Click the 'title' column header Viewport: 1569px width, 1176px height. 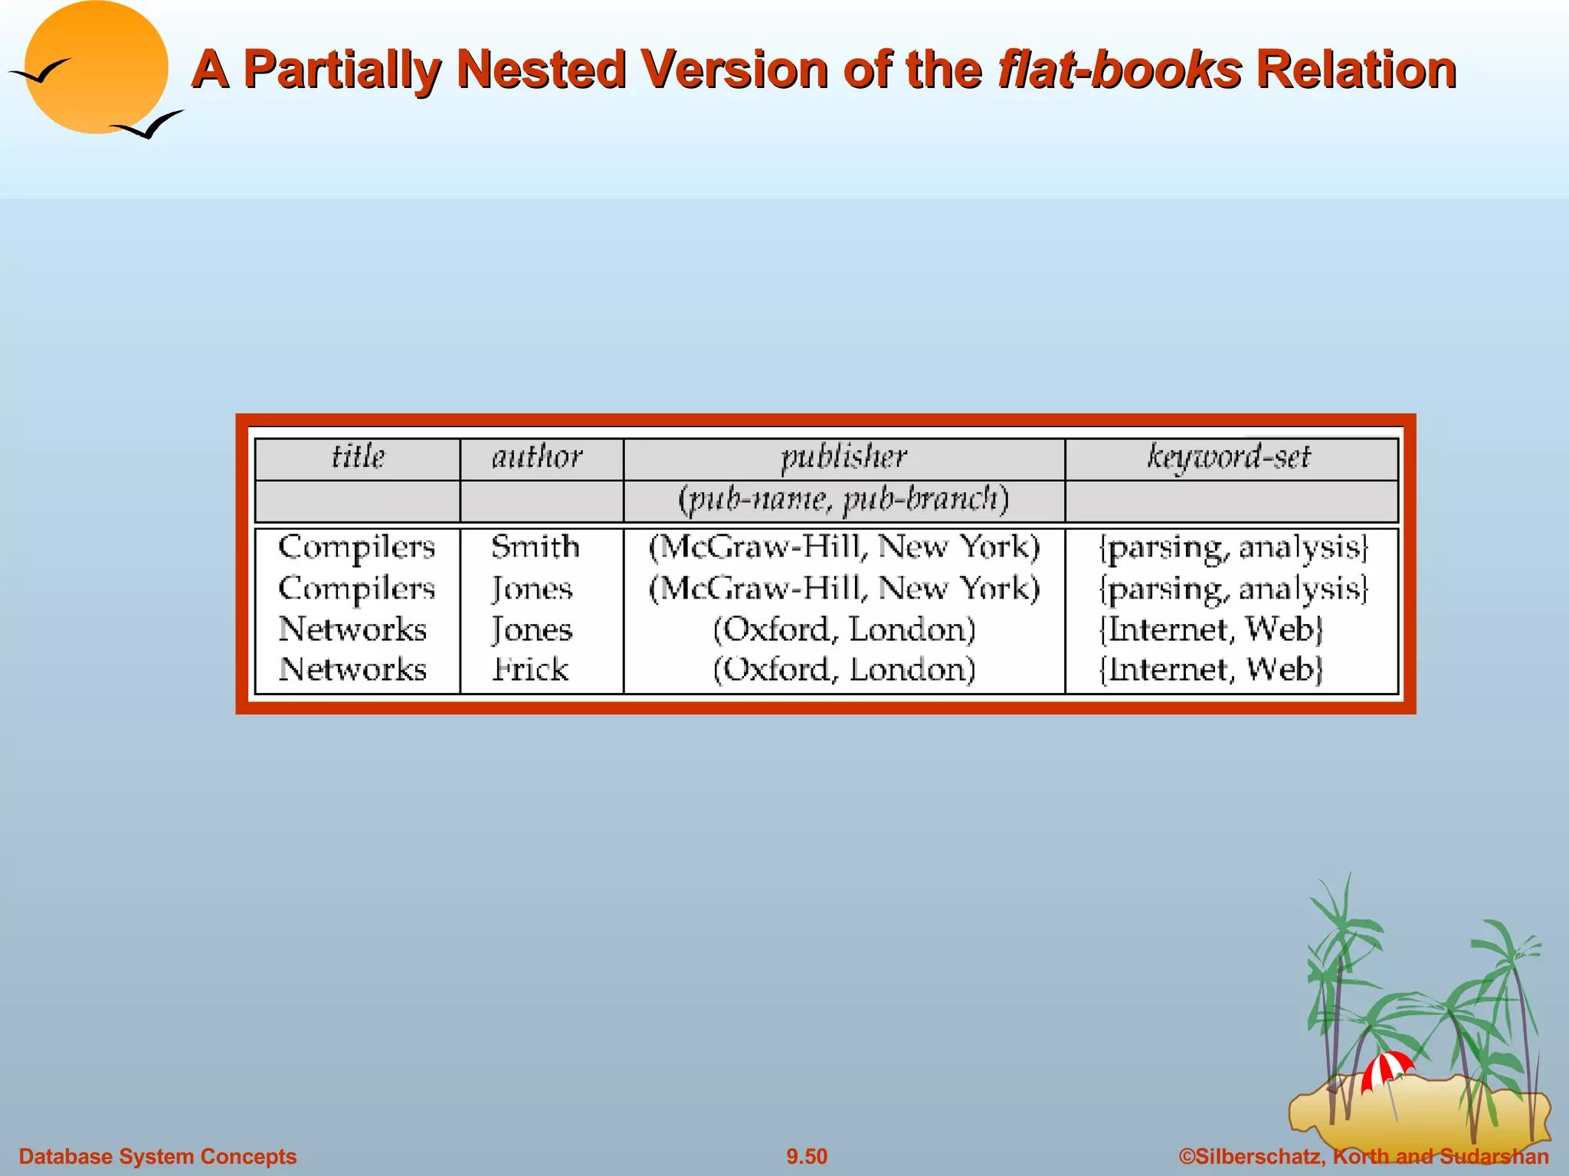(358, 457)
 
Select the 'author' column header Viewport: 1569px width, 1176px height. (537, 457)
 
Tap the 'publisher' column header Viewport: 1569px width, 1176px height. (843, 457)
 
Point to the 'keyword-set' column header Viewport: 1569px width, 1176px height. (1229, 457)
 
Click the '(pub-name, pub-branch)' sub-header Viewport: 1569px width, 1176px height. (843, 500)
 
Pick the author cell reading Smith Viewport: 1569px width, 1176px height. (535, 547)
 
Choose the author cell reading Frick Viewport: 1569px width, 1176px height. (530, 669)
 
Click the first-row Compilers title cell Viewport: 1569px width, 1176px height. (356, 547)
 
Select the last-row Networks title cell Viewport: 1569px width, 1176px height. (352, 669)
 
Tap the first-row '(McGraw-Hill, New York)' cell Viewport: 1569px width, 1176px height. (843, 547)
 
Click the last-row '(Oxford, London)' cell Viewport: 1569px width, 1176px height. (843, 669)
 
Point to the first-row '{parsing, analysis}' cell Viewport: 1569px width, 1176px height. (1233, 547)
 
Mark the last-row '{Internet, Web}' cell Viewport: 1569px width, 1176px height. (1210, 669)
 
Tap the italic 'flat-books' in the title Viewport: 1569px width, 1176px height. (1119, 70)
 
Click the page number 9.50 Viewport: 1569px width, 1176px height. (807, 1156)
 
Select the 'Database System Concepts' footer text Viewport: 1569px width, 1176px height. (158, 1156)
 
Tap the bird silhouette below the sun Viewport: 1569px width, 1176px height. (149, 125)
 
